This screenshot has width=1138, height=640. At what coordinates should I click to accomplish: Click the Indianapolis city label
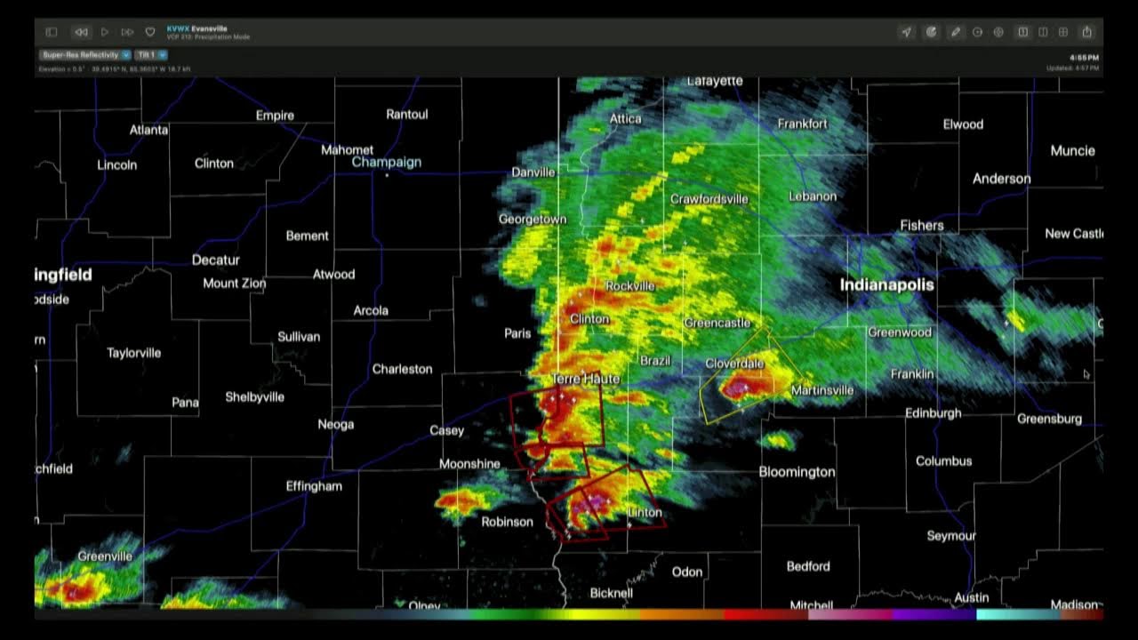(x=886, y=285)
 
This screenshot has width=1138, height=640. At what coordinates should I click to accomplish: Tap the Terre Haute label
(x=585, y=380)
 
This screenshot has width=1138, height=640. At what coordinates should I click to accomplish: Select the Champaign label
(x=386, y=163)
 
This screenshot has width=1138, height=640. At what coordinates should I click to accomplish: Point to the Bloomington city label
(x=797, y=472)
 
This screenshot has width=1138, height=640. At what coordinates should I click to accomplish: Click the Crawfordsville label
(x=709, y=199)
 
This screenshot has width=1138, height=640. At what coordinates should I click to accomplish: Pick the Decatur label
(x=216, y=260)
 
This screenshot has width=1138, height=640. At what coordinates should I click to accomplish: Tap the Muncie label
(x=1072, y=151)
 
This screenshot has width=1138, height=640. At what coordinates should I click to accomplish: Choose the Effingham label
(x=314, y=486)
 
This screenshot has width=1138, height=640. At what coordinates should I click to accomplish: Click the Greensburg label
(x=1049, y=419)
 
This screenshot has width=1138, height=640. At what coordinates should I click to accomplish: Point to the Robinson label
(x=507, y=522)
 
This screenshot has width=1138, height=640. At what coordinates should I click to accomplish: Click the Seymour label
(x=950, y=536)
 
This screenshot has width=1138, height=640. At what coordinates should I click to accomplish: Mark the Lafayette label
(x=715, y=82)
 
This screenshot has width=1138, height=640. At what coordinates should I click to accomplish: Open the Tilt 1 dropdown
(x=151, y=55)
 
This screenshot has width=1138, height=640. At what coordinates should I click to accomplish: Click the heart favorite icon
(x=149, y=32)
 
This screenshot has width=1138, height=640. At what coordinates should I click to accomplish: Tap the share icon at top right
(x=1086, y=32)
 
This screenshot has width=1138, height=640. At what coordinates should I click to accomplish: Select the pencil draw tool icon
(x=955, y=32)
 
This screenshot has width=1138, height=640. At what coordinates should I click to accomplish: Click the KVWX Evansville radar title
(x=196, y=28)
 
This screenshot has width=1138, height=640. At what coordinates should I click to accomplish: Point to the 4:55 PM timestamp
(x=1085, y=58)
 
